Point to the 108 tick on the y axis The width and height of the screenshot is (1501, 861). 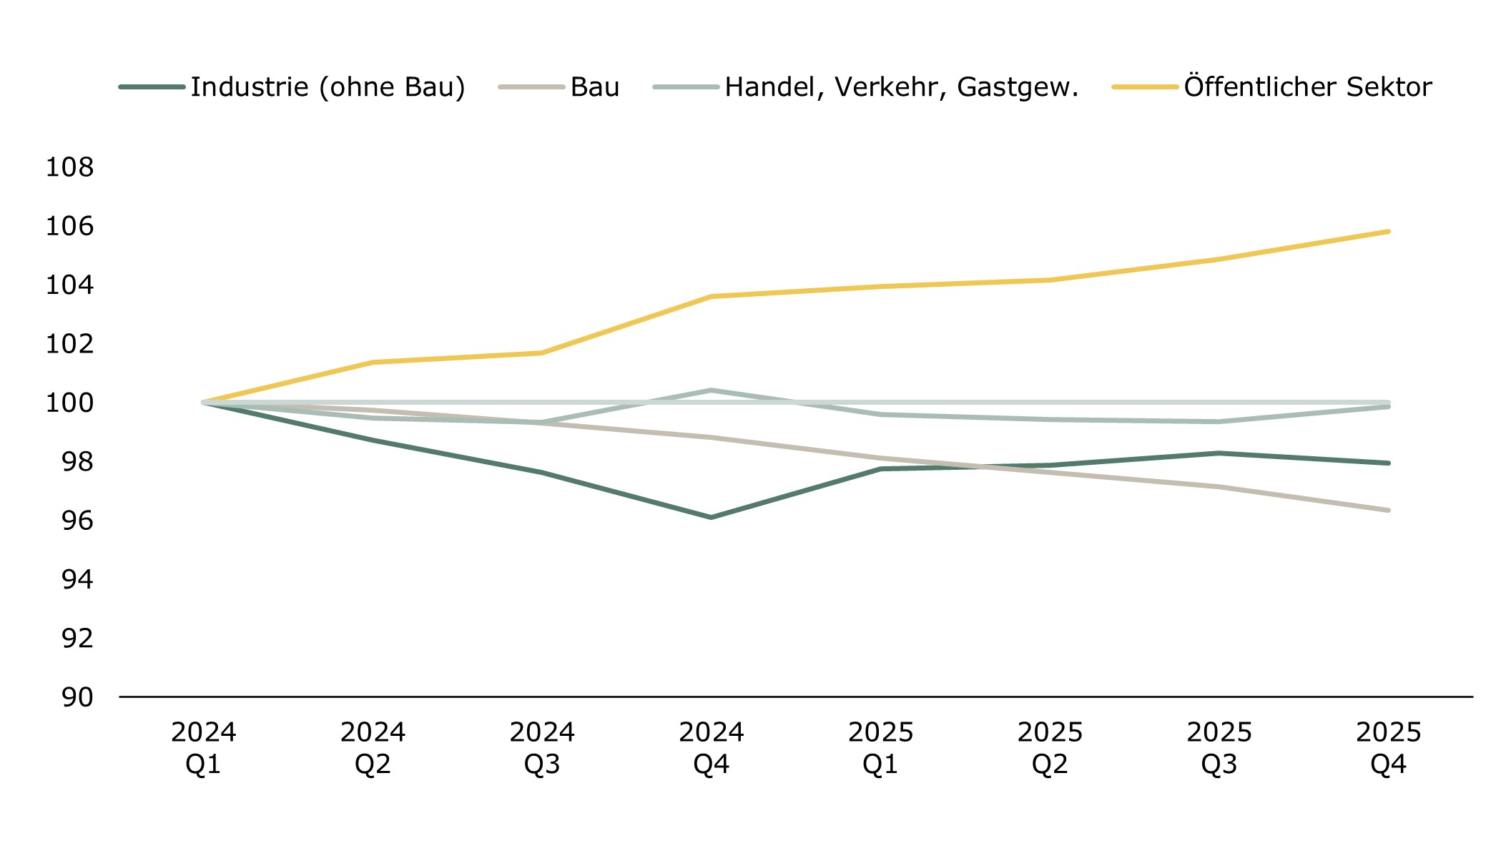(x=69, y=167)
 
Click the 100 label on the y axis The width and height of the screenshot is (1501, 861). (x=69, y=403)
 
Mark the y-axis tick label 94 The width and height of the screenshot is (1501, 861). (x=77, y=579)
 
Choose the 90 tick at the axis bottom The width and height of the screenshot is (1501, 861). (x=77, y=697)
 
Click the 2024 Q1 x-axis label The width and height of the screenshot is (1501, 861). (x=204, y=748)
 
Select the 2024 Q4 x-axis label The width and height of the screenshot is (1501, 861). (x=712, y=748)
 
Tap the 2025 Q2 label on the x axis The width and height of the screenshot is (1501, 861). (x=1050, y=748)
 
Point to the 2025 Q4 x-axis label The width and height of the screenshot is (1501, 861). (x=1388, y=748)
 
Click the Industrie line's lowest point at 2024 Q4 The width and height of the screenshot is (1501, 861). (x=712, y=517)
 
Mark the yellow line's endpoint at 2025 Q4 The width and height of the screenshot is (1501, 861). (x=1388, y=232)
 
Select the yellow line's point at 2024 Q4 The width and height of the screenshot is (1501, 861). (x=712, y=296)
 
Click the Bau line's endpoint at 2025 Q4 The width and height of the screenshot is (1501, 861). (x=1388, y=510)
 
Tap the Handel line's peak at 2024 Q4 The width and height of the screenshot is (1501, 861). (x=712, y=390)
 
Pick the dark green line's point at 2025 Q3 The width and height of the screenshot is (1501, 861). (x=1219, y=453)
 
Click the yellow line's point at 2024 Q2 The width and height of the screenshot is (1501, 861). (x=373, y=363)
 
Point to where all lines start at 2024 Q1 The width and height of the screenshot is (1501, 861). (x=204, y=403)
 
